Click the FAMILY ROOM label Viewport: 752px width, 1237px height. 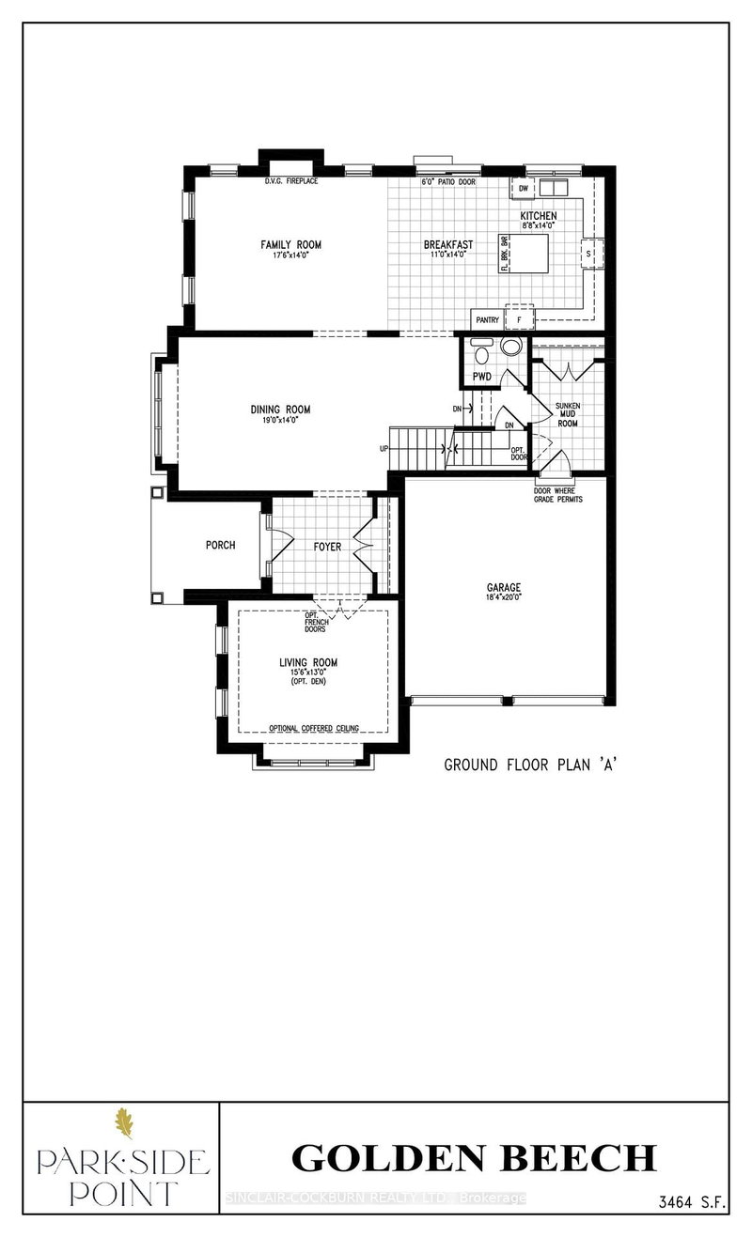click(285, 244)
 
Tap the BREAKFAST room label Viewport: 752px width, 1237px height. click(447, 244)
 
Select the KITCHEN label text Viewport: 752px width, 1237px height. click(539, 216)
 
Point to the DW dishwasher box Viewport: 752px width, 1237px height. click(524, 189)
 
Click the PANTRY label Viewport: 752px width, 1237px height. click(487, 319)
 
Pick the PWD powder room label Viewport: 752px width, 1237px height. click(482, 376)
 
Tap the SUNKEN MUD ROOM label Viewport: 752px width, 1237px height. click(567, 413)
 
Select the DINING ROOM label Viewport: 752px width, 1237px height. click(279, 410)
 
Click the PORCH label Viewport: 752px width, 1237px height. click(221, 545)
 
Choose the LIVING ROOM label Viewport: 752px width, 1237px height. click(308, 662)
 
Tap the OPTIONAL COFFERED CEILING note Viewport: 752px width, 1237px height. click(313, 728)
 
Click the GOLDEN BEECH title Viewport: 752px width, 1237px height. click(474, 1157)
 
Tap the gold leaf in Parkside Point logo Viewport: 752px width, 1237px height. click(123, 1123)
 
